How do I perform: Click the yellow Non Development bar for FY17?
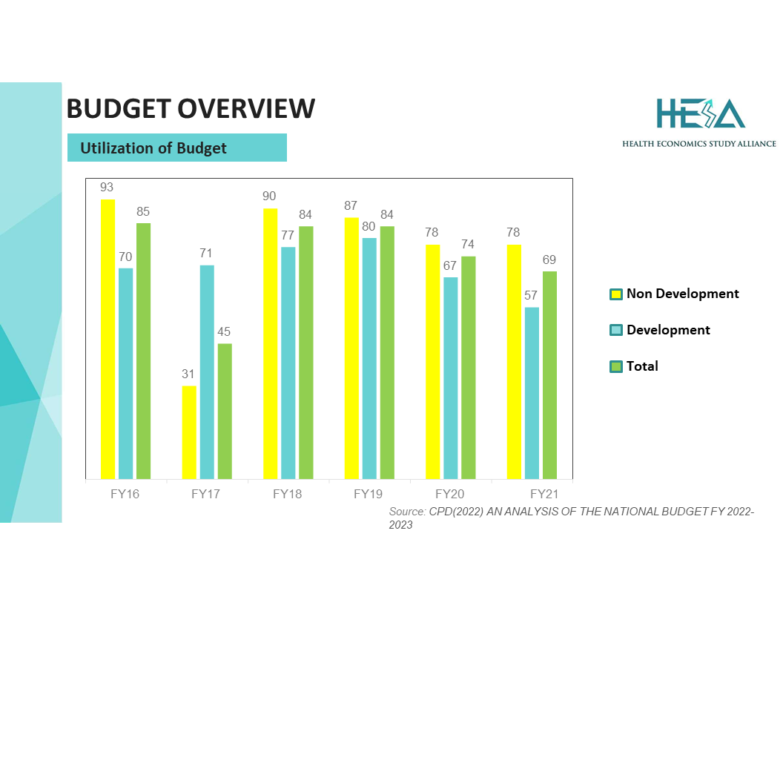pyautogui.click(x=189, y=432)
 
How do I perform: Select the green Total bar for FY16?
pyautogui.click(x=143, y=351)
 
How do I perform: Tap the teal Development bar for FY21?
pyautogui.click(x=532, y=393)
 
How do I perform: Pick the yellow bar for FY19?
pyautogui.click(x=351, y=348)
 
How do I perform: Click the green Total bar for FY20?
pyautogui.click(x=468, y=368)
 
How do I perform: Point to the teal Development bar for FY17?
pyautogui.click(x=207, y=371)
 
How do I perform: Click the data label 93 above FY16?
pyautogui.click(x=107, y=188)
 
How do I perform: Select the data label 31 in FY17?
pyautogui.click(x=188, y=374)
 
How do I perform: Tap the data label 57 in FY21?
pyautogui.click(x=531, y=296)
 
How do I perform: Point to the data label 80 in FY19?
pyautogui.click(x=369, y=227)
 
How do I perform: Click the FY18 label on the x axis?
pyautogui.click(x=288, y=494)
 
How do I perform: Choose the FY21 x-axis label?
pyautogui.click(x=544, y=494)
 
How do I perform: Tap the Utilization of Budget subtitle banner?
pyautogui.click(x=176, y=148)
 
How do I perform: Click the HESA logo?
pyautogui.click(x=700, y=113)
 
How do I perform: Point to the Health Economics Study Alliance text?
pyautogui.click(x=699, y=143)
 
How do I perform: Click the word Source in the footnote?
pyautogui.click(x=407, y=512)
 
